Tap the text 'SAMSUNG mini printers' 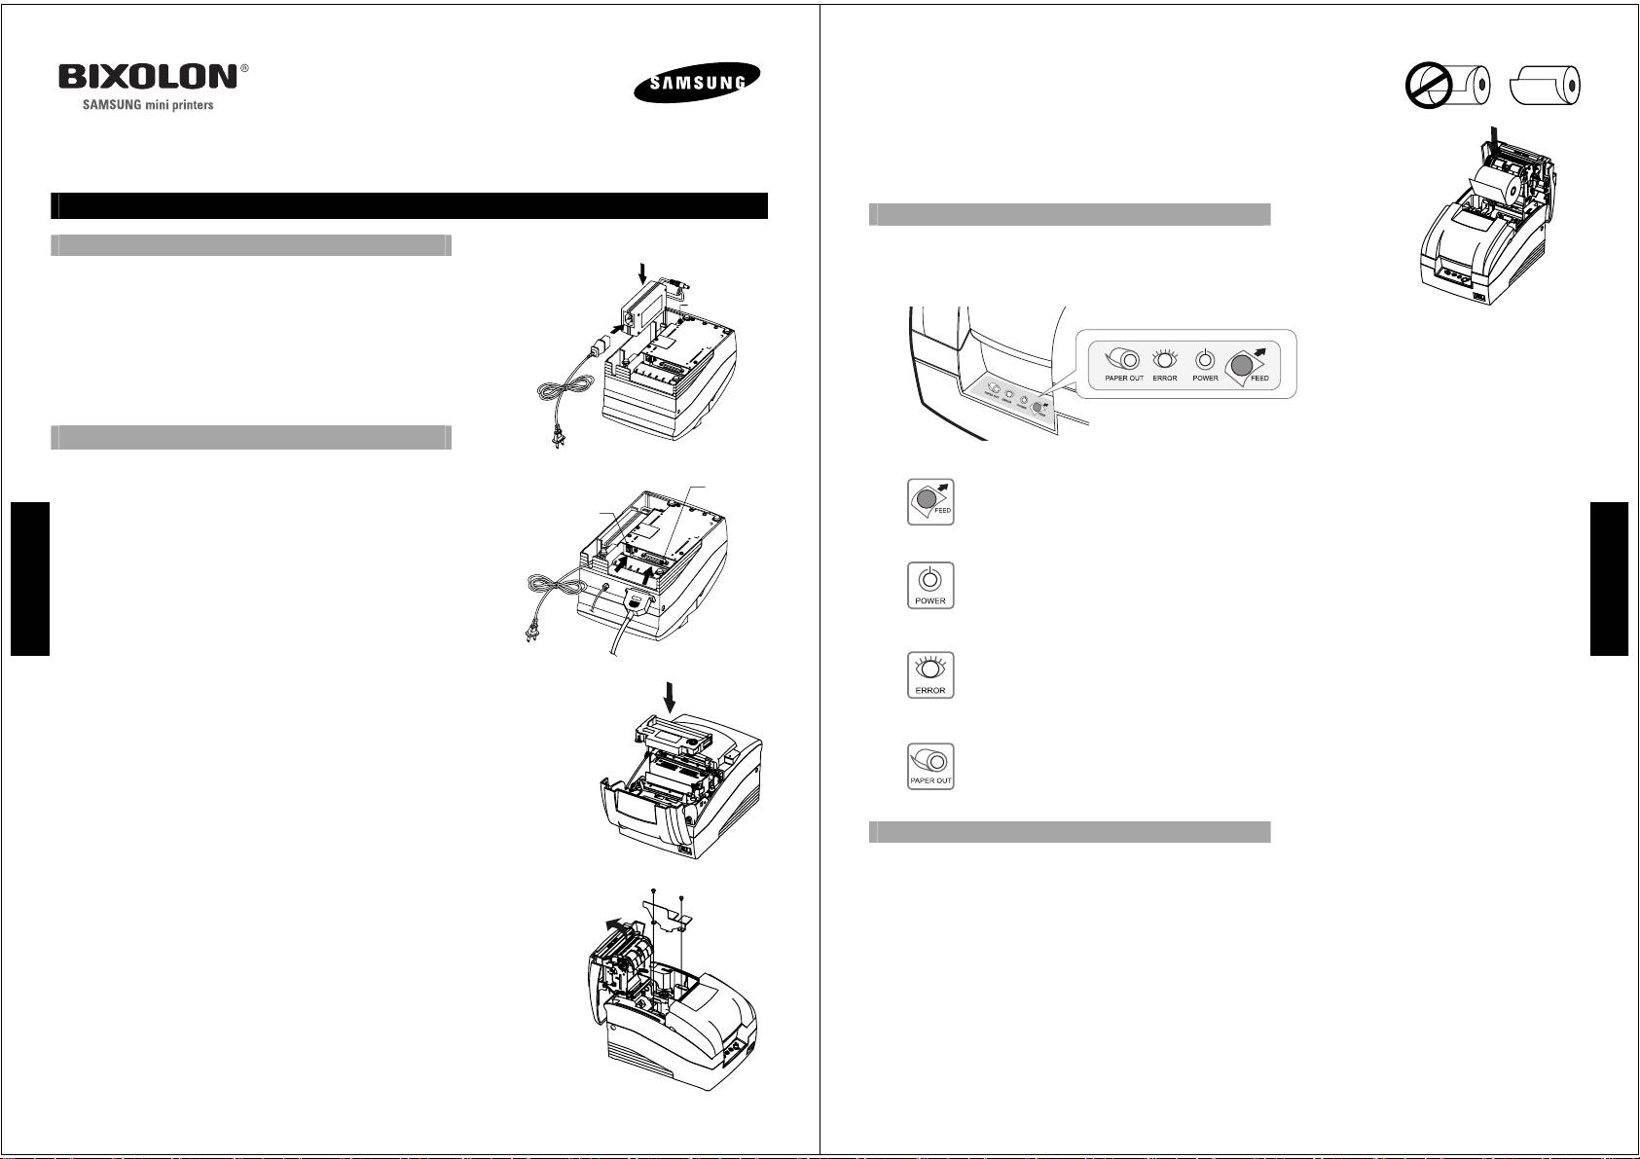(x=146, y=105)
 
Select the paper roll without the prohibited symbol (x=1547, y=87)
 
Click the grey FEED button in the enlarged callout (x=1240, y=365)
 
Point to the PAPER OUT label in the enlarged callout (x=1123, y=379)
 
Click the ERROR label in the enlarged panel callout (x=1164, y=379)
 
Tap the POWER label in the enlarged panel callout (x=1205, y=379)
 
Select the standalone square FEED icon (x=930, y=502)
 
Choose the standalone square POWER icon (x=930, y=585)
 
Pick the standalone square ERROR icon (x=930, y=674)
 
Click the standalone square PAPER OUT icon (x=930, y=766)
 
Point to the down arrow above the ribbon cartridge (x=668, y=697)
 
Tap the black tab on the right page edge (x=1609, y=579)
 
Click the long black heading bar (x=409, y=206)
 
